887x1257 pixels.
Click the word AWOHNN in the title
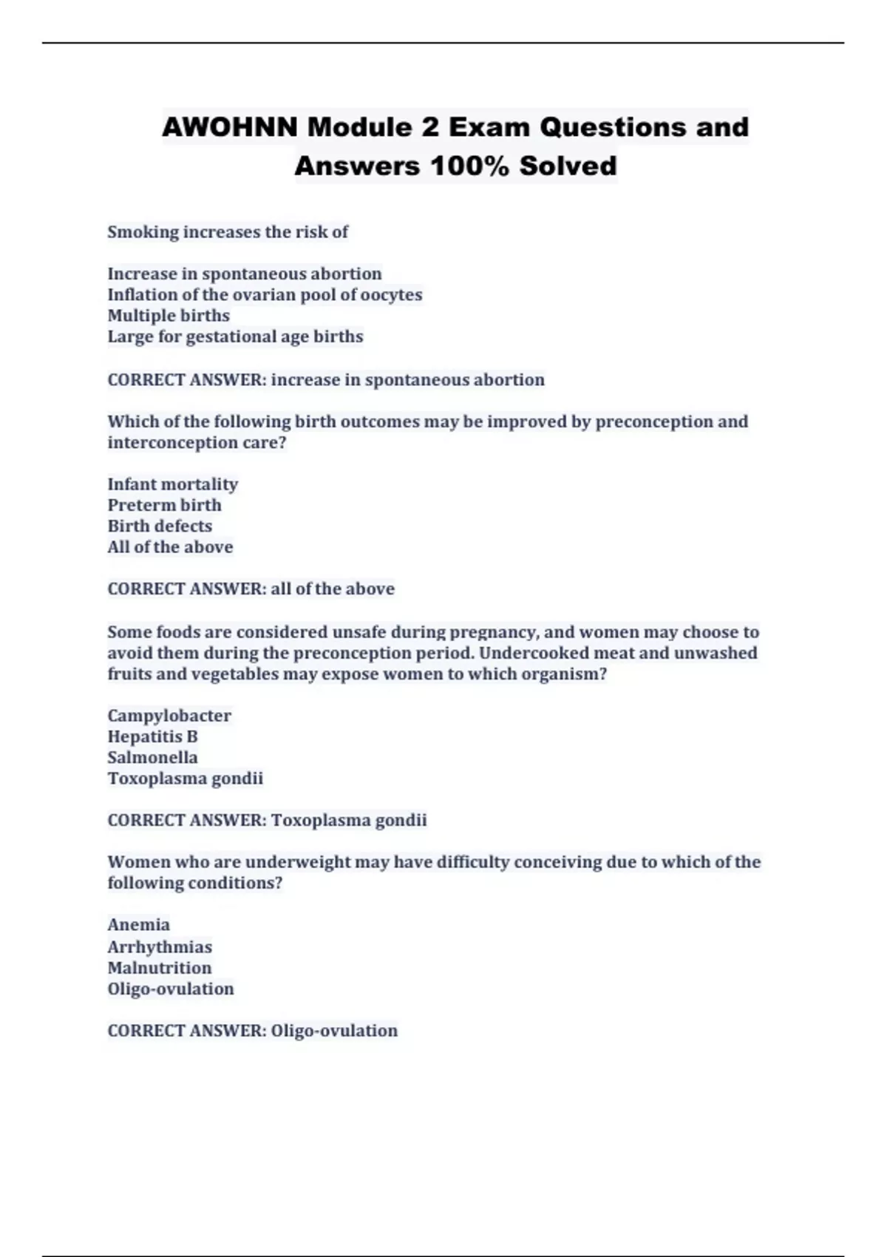pos(230,127)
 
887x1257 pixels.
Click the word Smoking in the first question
pos(143,232)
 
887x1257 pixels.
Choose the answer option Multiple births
pos(169,316)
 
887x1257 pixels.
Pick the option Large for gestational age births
pos(235,336)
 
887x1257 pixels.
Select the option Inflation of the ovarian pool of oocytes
pos(265,295)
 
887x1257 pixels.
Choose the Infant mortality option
pos(172,484)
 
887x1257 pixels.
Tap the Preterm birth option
pos(164,505)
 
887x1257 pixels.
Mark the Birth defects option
pos(160,526)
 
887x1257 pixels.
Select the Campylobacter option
pos(169,716)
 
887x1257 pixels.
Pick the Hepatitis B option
pos(152,736)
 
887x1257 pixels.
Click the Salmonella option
pos(152,757)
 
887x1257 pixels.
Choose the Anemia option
pos(138,925)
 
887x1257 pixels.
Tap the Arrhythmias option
pos(160,947)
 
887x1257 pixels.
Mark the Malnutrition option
pos(159,968)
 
